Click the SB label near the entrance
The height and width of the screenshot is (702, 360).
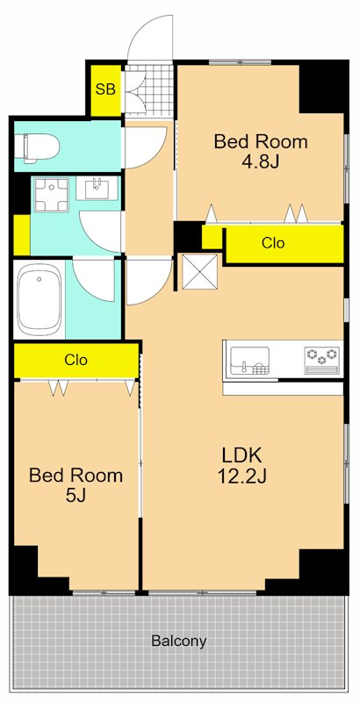[105, 90]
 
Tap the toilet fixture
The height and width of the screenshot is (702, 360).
[36, 146]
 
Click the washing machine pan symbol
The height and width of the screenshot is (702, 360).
[52, 195]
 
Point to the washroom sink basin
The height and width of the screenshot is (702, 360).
[97, 188]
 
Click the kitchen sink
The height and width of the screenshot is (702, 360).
[250, 361]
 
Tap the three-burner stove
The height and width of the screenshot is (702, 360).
[322, 360]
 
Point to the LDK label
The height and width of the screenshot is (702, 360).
[241, 455]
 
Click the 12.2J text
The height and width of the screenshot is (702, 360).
[241, 477]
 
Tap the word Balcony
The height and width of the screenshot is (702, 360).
[179, 641]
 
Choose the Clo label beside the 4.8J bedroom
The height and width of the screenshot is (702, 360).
[273, 243]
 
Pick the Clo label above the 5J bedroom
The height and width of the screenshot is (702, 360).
[76, 360]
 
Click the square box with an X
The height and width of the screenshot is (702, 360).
[199, 272]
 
